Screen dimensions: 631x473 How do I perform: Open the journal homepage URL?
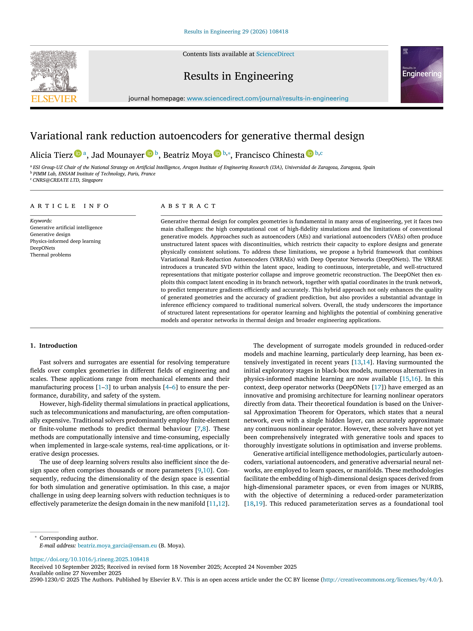(x=267, y=98)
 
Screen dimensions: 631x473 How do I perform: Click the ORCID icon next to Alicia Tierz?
(x=78, y=154)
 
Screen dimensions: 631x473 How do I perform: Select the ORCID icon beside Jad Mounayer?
(x=149, y=154)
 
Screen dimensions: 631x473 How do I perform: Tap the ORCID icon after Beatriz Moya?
(x=217, y=154)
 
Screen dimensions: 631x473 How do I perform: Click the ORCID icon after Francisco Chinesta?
(x=309, y=154)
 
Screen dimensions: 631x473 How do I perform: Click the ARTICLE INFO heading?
(x=70, y=206)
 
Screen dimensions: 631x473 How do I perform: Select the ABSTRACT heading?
(x=188, y=206)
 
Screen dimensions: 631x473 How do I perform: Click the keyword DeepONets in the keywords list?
(x=43, y=248)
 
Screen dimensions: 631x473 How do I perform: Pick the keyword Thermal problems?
(x=51, y=255)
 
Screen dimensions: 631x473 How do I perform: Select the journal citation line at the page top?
(x=236, y=32)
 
